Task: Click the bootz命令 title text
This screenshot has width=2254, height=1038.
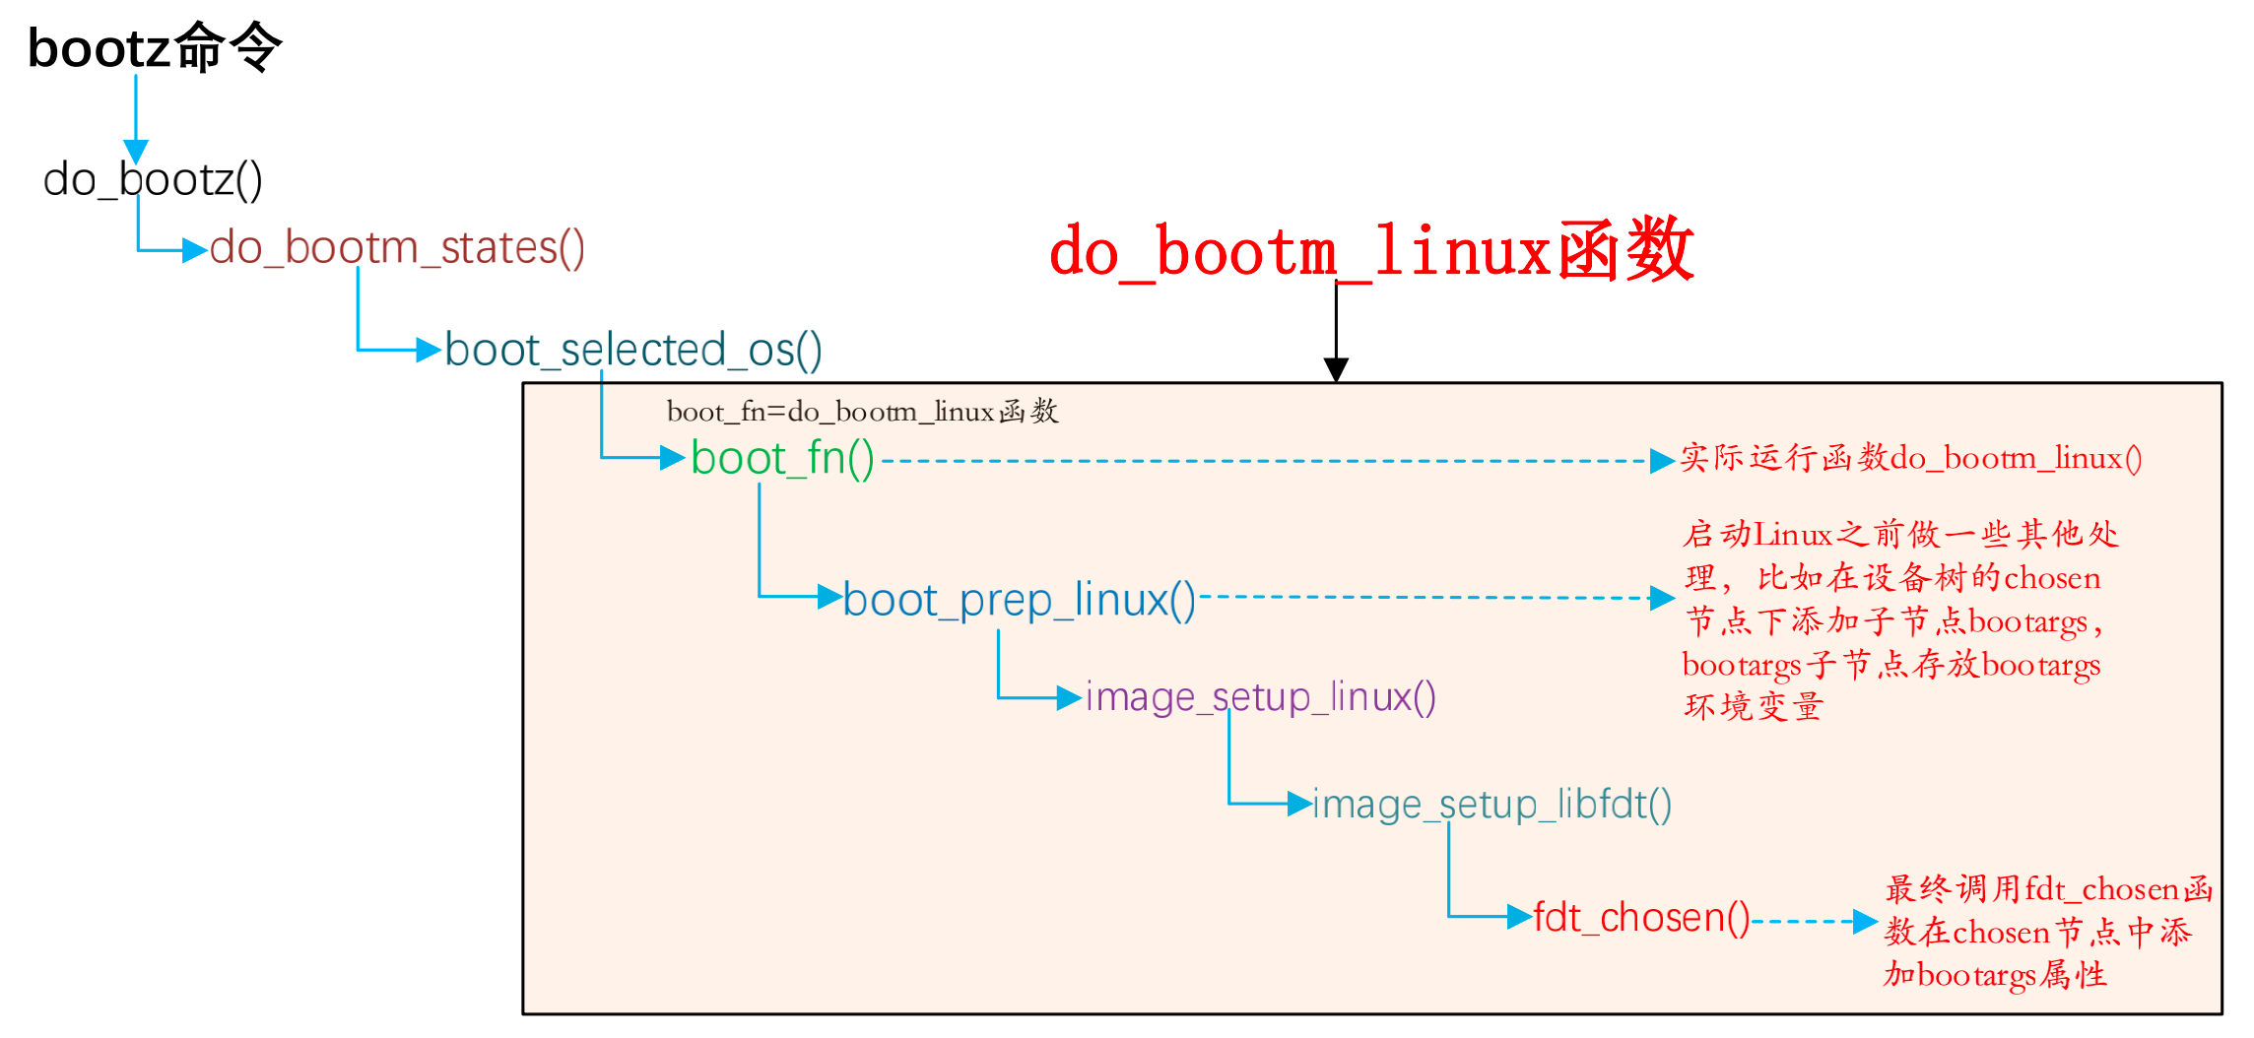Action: pyautogui.click(x=155, y=47)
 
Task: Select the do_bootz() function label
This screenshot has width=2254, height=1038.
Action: pyautogui.click(x=153, y=180)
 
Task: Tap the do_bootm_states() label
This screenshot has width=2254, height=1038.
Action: pyautogui.click(x=397, y=248)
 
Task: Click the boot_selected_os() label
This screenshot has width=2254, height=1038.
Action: pyautogui.click(x=633, y=351)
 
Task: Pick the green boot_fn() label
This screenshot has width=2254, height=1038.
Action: pyautogui.click(x=782, y=459)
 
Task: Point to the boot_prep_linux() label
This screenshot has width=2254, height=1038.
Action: pyautogui.click(x=1019, y=600)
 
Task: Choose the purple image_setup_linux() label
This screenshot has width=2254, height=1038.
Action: pyautogui.click(x=1260, y=697)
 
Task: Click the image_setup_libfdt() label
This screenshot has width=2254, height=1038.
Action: pyautogui.click(x=1492, y=805)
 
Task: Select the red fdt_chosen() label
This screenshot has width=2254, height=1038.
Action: pyautogui.click(x=1641, y=918)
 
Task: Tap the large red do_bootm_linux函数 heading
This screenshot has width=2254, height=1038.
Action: pyautogui.click(x=1371, y=251)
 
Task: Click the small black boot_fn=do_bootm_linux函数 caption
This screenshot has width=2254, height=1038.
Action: pyautogui.click(x=862, y=412)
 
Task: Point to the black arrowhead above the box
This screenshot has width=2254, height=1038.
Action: pyautogui.click(x=1336, y=370)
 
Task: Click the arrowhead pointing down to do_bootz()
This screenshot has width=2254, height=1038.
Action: pyautogui.click(x=136, y=152)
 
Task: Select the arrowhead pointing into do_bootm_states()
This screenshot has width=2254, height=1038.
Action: pyautogui.click(x=195, y=250)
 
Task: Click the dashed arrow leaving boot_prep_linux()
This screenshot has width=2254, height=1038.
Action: pyautogui.click(x=1428, y=598)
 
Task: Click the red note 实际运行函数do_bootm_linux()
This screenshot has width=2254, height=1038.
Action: pyautogui.click(x=1911, y=459)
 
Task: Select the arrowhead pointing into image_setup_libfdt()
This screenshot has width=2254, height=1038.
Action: pyautogui.click(x=1299, y=804)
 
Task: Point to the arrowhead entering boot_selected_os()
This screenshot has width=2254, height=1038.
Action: pyautogui.click(x=429, y=350)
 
